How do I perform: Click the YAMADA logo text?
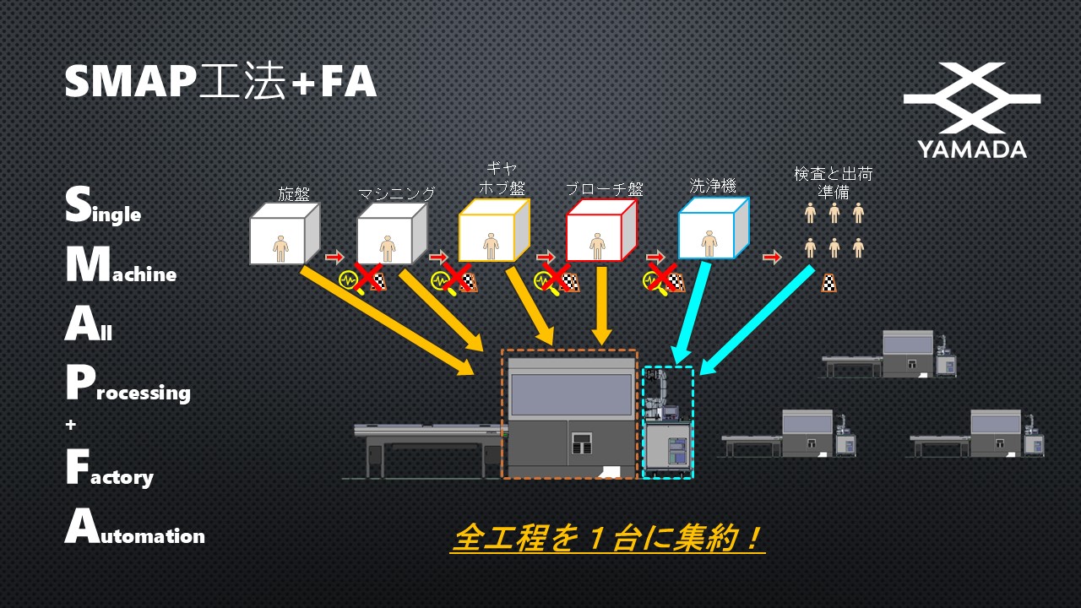pos(972,149)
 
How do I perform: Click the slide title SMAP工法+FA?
pos(220,83)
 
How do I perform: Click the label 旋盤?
pos(294,193)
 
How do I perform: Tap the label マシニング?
pos(396,193)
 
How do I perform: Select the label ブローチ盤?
pos(604,189)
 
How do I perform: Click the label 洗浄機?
pos(713,186)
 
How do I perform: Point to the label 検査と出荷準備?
pos(833,182)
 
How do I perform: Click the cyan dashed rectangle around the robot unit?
pos(668,422)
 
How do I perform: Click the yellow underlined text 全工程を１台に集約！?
pos(607,538)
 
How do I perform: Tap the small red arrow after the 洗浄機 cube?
pos(772,257)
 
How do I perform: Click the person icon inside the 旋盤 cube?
pos(280,247)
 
